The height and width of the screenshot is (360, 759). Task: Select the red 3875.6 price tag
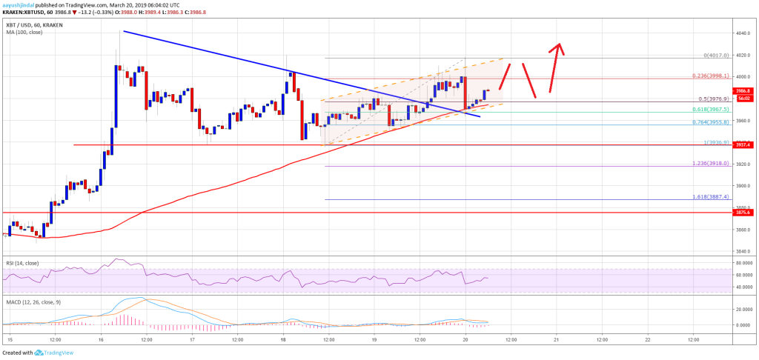(x=744, y=213)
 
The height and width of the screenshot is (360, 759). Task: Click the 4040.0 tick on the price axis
(x=744, y=33)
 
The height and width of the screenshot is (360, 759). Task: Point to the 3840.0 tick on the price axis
(x=744, y=251)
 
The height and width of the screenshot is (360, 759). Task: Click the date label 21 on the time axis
(x=556, y=339)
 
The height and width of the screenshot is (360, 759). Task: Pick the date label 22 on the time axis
(x=647, y=339)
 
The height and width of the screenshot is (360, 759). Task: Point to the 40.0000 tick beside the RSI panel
(x=744, y=287)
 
